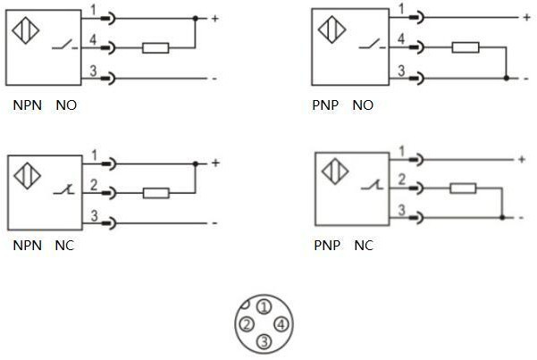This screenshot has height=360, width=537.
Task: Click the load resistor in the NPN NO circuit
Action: [x=156, y=48]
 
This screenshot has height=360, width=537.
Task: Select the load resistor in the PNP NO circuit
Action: [x=466, y=47]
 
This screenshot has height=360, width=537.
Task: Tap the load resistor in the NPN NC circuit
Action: [x=156, y=192]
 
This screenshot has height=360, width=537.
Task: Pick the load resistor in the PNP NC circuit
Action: [x=462, y=188]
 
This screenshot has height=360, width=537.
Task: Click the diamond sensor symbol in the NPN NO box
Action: [x=25, y=28]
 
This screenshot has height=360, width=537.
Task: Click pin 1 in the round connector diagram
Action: [x=263, y=306]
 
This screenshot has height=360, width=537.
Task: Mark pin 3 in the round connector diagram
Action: [x=264, y=340]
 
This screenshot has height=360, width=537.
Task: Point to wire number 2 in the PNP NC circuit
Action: [x=401, y=179]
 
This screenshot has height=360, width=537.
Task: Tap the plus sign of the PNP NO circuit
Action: [x=525, y=17]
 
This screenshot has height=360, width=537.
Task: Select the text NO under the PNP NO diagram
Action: [x=363, y=105]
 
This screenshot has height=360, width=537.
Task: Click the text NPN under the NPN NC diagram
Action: [x=26, y=245]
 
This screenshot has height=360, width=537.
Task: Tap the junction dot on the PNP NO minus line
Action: [x=507, y=79]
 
